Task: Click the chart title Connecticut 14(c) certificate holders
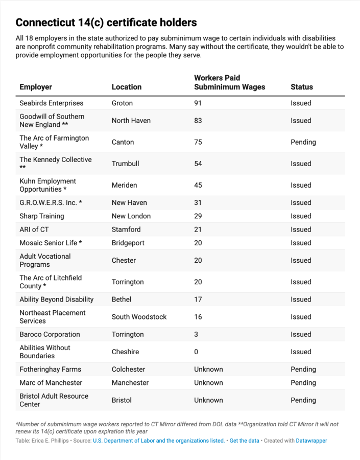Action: click(x=106, y=22)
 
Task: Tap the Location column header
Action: click(x=127, y=87)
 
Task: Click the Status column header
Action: click(x=302, y=87)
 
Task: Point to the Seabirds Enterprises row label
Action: click(x=51, y=103)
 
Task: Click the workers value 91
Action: click(x=198, y=103)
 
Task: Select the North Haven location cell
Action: click(x=131, y=121)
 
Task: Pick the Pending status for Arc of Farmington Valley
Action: click(x=303, y=142)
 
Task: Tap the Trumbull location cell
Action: click(x=126, y=164)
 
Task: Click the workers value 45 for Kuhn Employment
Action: click(x=198, y=185)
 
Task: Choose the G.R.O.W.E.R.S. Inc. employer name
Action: click(x=51, y=202)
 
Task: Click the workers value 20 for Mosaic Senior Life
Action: click(x=198, y=243)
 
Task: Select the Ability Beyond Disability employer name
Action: click(x=57, y=300)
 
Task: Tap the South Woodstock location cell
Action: click(x=139, y=317)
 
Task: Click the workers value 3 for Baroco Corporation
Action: click(x=196, y=334)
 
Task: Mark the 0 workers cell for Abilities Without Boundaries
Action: click(x=196, y=352)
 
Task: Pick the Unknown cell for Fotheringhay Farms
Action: click(x=208, y=369)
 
